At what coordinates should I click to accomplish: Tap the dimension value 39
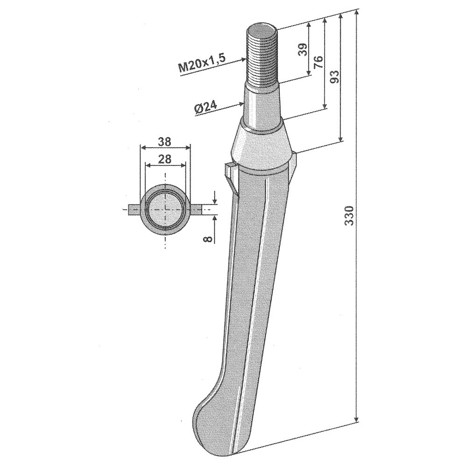pyautogui.click(x=302, y=50)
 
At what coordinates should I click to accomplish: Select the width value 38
pyautogui.click(x=165, y=141)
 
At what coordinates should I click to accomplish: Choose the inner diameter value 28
pyautogui.click(x=165, y=159)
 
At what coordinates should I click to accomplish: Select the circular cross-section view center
pyautogui.click(x=165, y=208)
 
